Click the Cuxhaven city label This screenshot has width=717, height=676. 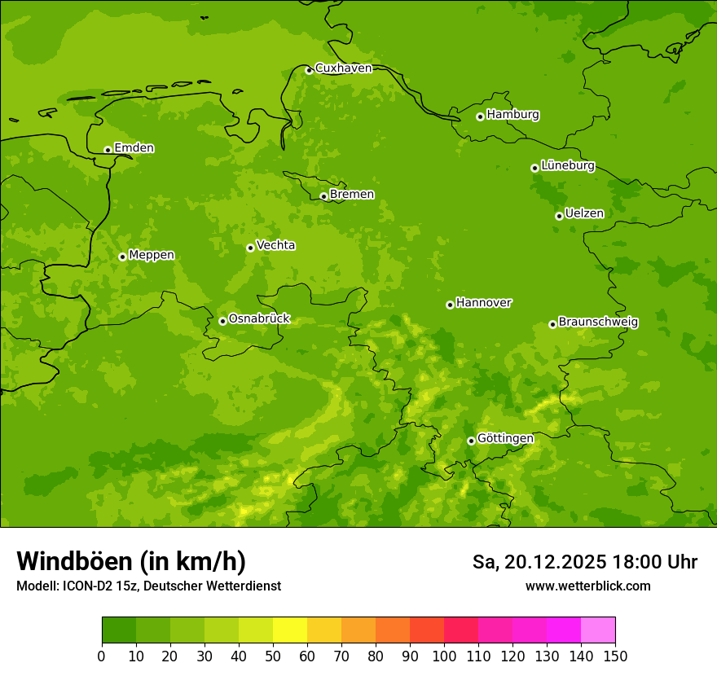343,68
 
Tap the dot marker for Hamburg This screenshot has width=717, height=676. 480,116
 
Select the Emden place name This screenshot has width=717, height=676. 134,148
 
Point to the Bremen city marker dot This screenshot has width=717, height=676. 323,196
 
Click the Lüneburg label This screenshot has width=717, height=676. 567,165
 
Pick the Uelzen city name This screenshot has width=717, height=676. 584,213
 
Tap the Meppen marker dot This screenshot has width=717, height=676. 122,257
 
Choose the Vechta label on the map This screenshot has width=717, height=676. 275,245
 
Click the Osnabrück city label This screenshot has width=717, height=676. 259,318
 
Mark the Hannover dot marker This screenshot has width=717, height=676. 450,305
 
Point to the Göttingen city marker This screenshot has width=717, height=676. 471,441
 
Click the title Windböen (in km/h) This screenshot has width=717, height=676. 131,561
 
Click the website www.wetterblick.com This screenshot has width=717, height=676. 587,586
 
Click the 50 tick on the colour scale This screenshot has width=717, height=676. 273,656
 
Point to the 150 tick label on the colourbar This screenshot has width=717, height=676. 614,656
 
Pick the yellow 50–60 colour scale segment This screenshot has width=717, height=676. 290,630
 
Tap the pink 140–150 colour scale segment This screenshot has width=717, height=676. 598,630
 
